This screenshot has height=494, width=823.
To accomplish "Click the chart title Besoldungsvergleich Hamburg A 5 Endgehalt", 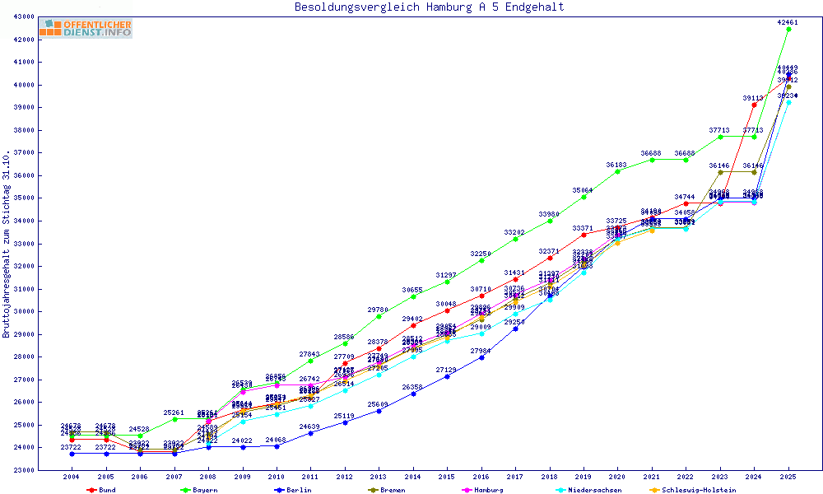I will [x=429, y=7].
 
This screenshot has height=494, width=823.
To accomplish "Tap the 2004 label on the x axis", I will [x=72, y=477].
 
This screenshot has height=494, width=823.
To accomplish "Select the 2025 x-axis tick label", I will [x=788, y=477].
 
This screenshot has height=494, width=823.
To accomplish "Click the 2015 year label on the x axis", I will [x=447, y=477].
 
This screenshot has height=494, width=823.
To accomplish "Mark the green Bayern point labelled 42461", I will [x=788, y=29].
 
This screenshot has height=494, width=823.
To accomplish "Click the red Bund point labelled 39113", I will [x=754, y=105].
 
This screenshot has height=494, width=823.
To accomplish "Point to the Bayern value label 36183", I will [x=616, y=165].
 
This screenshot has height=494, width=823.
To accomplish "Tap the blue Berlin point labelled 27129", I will [x=447, y=376].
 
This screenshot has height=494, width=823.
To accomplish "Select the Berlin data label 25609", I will [x=378, y=404].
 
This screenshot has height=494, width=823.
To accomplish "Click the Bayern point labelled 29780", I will [x=379, y=316].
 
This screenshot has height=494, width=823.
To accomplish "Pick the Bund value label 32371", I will [x=549, y=251].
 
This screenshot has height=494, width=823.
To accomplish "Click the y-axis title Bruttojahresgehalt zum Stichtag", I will [x=7, y=244].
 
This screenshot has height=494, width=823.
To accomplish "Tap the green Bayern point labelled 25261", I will [x=174, y=419].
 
